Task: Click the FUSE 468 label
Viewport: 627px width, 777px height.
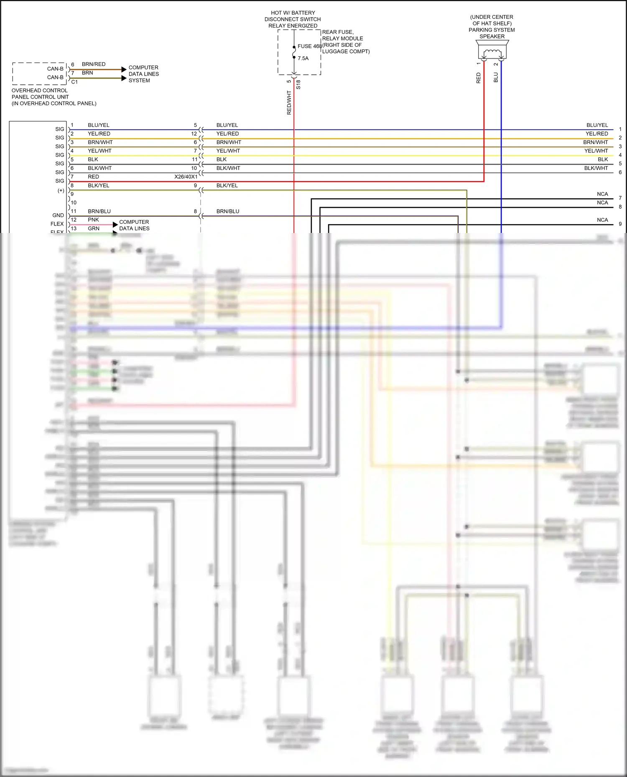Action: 309,46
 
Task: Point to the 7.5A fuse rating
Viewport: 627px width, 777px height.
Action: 303,58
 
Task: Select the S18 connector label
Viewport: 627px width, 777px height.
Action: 298,85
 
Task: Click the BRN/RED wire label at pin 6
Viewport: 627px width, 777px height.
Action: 94,64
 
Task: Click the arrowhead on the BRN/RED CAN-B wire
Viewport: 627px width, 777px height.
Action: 124,69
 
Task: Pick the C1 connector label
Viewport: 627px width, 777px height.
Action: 74,82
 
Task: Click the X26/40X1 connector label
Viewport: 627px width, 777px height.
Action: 186,177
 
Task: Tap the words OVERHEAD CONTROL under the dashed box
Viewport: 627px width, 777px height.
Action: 39,91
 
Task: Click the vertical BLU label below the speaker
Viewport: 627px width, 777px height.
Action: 496,78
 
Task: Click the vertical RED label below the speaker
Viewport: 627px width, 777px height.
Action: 479,78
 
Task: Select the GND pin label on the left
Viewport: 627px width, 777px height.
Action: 58,215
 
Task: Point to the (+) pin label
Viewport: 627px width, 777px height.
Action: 61,191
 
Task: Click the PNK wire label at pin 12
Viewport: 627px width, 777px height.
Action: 93,220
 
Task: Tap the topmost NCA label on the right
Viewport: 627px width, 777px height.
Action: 602,194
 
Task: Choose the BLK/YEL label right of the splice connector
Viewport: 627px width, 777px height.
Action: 227,185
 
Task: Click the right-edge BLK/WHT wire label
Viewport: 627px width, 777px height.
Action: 596,168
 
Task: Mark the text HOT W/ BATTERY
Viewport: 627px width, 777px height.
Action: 293,13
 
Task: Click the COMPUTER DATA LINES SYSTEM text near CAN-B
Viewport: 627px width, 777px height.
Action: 143,74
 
